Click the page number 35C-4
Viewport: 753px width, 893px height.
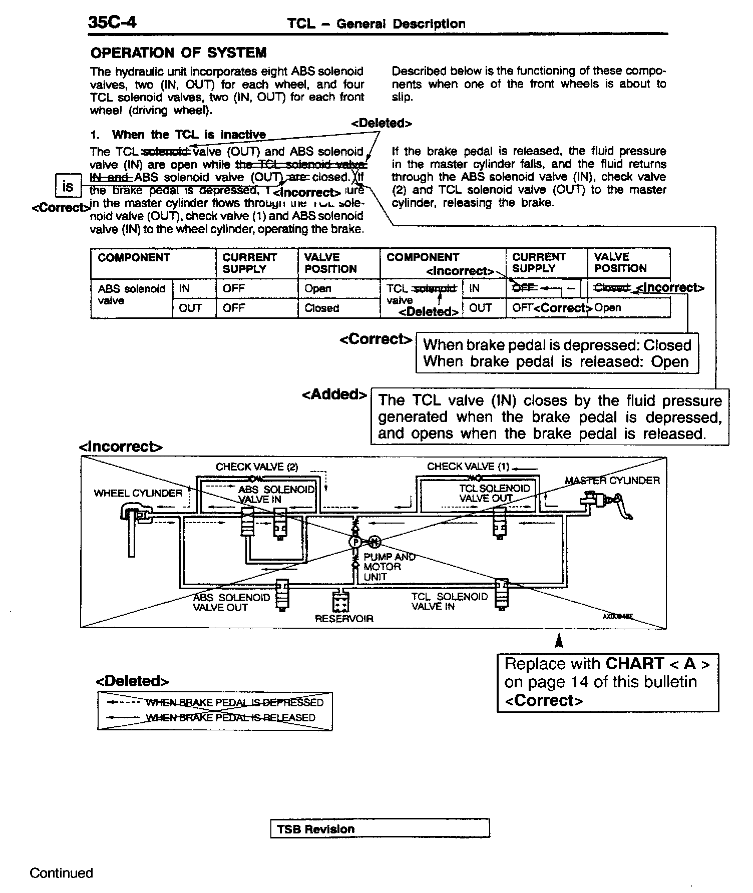tap(112, 23)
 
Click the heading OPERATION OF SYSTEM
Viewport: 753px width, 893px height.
tap(178, 53)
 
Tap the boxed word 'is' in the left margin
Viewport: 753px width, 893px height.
tap(68, 187)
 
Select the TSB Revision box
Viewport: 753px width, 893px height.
tap(380, 828)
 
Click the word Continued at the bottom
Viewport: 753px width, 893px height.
tap(61, 873)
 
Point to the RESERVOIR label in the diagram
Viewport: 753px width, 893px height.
tap(344, 619)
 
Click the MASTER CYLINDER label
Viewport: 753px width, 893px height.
tap(612, 481)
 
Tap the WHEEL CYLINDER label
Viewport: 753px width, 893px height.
tap(138, 494)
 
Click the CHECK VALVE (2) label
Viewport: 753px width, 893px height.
tap(257, 467)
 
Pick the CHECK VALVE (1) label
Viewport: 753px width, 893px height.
tap(468, 467)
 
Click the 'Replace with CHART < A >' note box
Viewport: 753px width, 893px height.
tap(607, 682)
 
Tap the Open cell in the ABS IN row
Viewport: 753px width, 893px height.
tap(318, 289)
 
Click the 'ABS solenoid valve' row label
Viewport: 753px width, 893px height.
tap(131, 295)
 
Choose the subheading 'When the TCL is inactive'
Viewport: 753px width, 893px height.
tap(189, 135)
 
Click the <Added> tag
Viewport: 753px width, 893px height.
tap(334, 394)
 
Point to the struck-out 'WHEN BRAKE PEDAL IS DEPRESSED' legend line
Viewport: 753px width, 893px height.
tap(234, 702)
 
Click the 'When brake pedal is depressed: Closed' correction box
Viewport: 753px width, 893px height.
tap(557, 353)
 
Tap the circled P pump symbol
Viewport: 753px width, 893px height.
tap(355, 542)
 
